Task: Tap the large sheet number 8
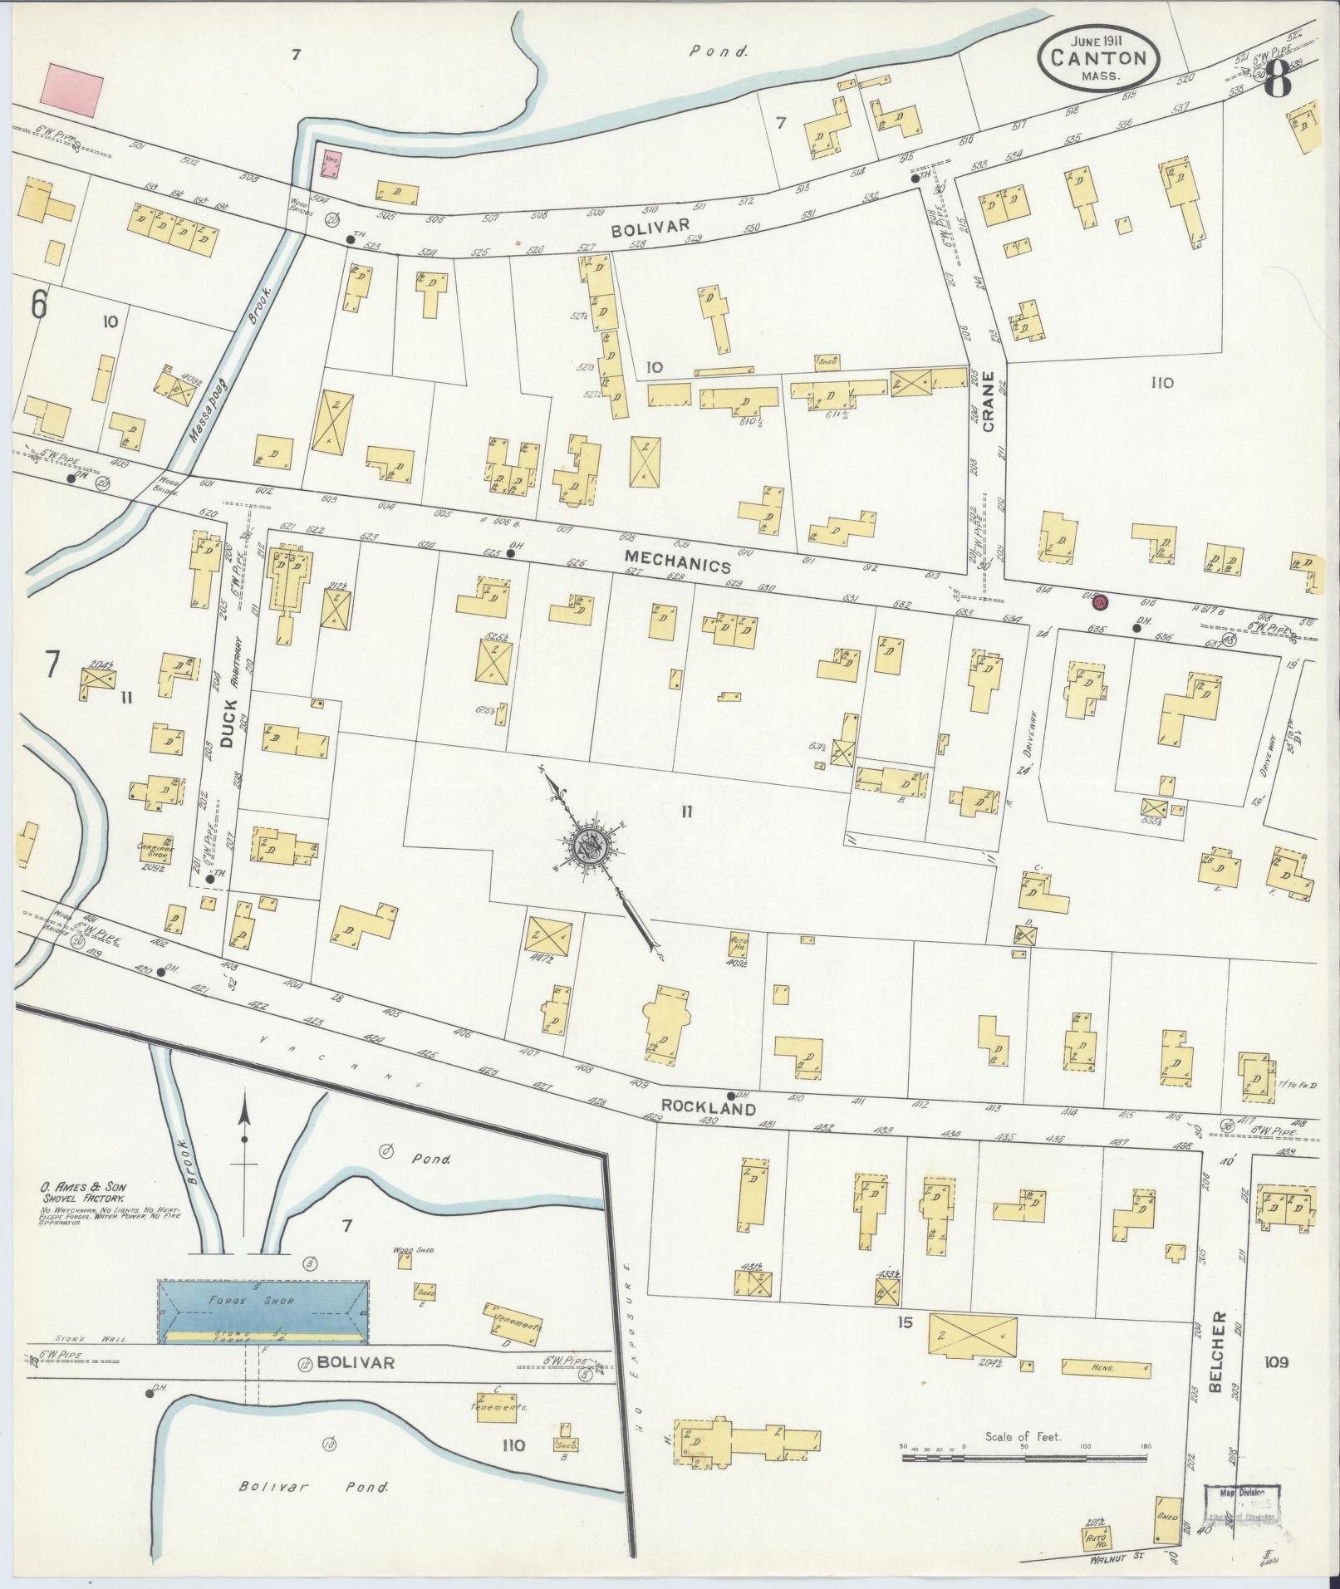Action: [1279, 81]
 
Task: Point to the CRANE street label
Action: [988, 411]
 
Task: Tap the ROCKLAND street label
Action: [709, 1108]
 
